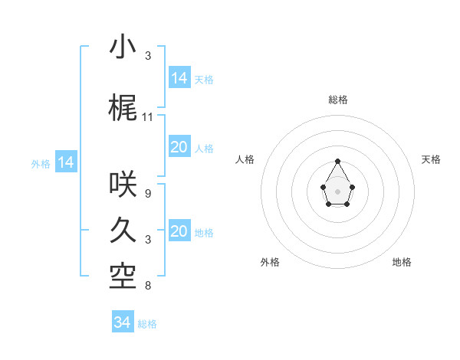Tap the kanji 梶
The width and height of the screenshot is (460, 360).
coord(123,108)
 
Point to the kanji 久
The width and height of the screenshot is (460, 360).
coord(123,231)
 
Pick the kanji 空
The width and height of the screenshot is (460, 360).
coord(123,277)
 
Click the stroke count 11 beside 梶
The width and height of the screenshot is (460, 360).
coord(148,117)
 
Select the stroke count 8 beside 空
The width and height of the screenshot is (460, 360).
coord(147,286)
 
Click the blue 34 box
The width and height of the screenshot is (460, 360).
coord(123,322)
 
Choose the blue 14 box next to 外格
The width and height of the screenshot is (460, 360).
coord(66,162)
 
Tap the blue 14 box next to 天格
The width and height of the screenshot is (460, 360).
coord(179,77)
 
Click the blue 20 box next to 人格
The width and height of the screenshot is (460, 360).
coord(179,147)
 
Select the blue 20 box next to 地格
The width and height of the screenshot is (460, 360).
coord(179,231)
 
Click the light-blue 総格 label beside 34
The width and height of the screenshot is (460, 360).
coord(147,324)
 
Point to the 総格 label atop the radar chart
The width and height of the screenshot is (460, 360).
coord(338,100)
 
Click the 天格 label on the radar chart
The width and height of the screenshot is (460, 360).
coord(431,159)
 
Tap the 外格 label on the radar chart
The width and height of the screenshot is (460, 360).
coord(270,262)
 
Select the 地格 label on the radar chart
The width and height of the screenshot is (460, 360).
coord(402,262)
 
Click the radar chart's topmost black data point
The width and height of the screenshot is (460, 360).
coord(338,161)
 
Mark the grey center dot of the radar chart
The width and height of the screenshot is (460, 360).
coord(338,190)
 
